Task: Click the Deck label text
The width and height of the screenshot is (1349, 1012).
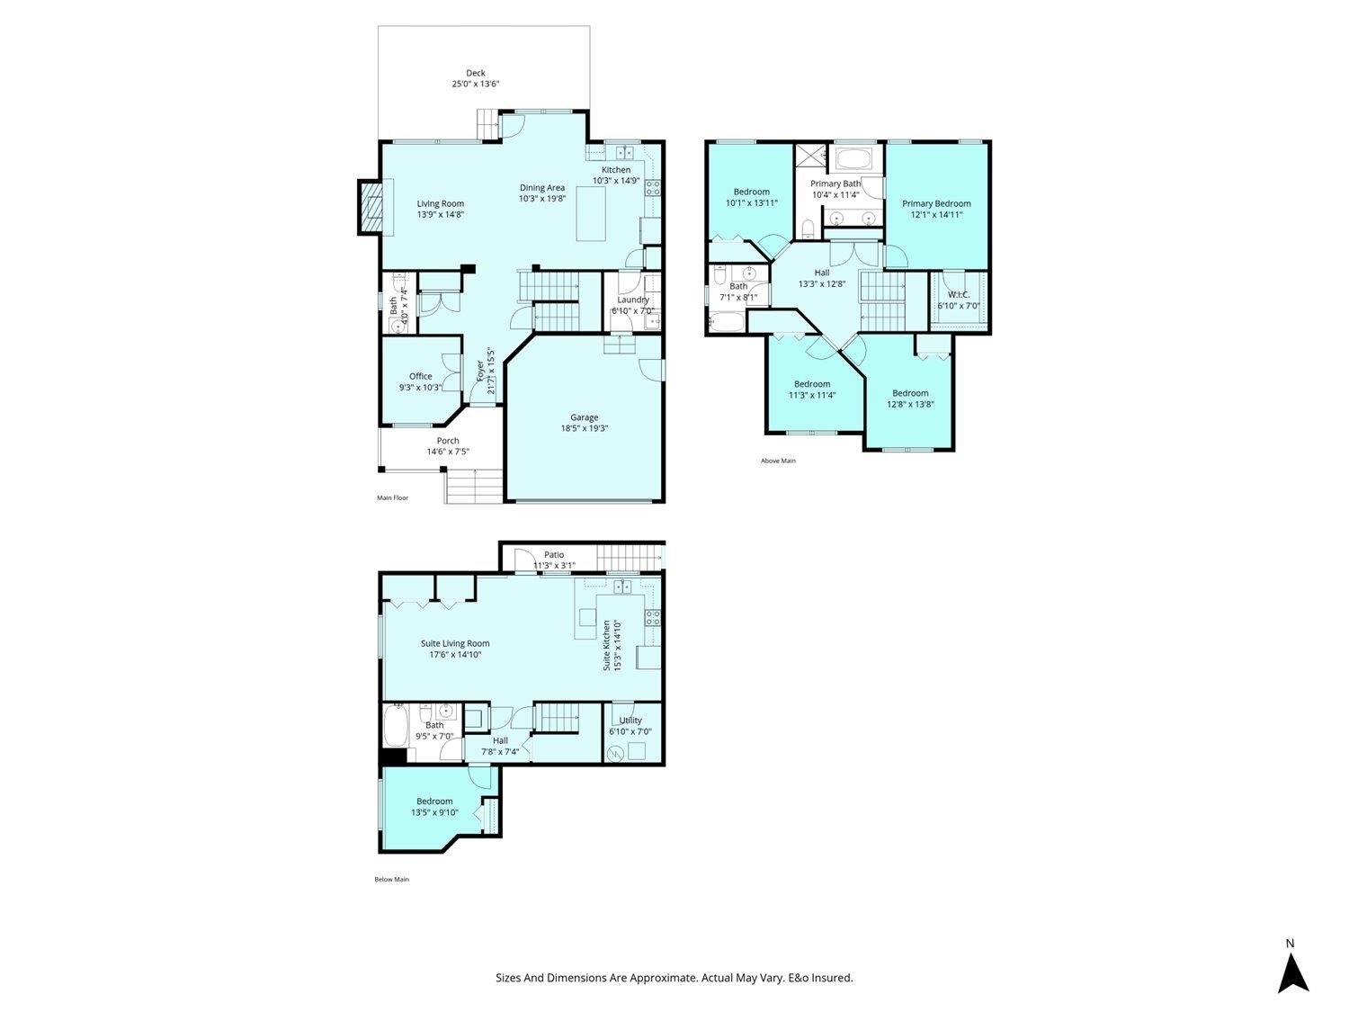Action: [475, 74]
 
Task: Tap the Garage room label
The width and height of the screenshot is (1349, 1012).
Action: [584, 417]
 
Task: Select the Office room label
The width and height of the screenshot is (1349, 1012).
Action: [420, 377]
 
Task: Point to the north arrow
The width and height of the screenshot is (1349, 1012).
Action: [1292, 972]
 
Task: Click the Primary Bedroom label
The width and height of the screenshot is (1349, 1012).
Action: [936, 204]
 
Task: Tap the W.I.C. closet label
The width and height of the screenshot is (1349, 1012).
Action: [958, 295]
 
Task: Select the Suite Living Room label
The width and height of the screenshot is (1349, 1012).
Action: [455, 644]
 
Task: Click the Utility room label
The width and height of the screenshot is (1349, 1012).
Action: [630, 721]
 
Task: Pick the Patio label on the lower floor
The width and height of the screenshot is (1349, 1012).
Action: [553, 555]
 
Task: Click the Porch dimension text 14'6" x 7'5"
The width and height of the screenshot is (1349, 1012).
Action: [448, 452]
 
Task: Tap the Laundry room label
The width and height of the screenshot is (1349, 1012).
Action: [632, 300]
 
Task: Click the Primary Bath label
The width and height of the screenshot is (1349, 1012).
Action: [835, 184]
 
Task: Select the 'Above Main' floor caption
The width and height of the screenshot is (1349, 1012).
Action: [778, 461]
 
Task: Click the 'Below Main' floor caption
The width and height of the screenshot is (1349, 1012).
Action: [391, 879]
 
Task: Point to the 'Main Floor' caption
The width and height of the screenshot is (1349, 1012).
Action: [392, 497]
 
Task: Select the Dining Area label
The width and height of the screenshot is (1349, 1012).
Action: [542, 188]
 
